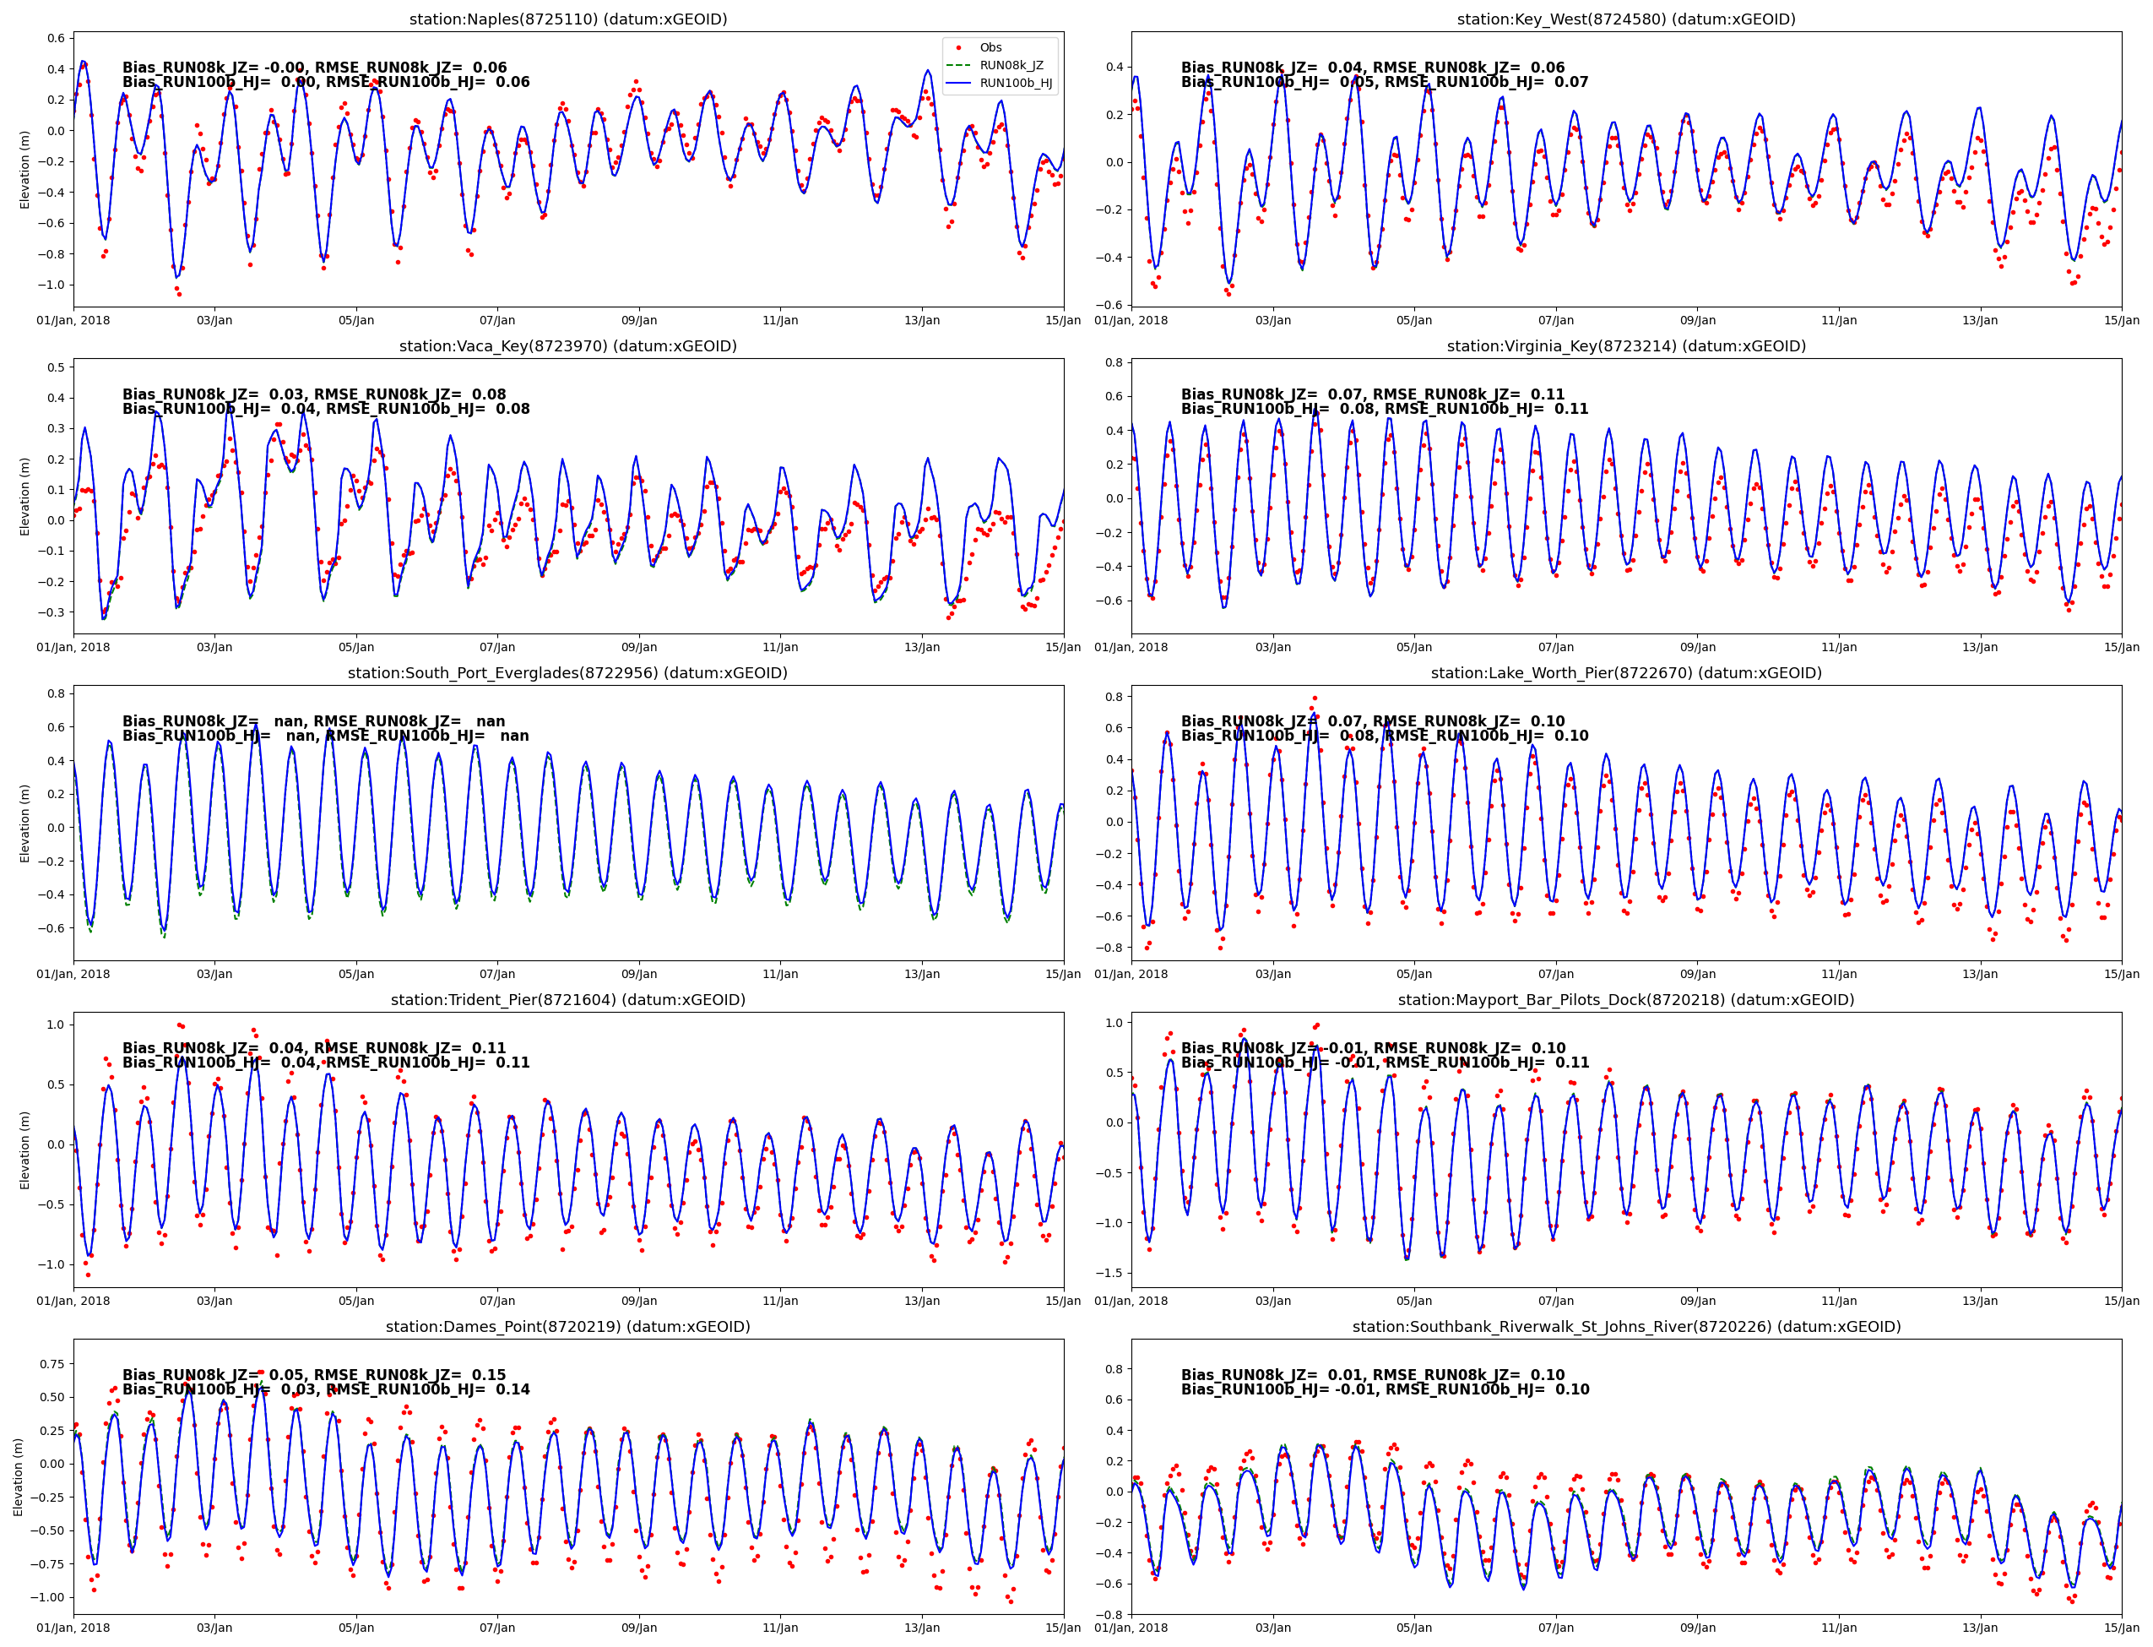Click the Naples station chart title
(x=567, y=19)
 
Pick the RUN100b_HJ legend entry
(x=1015, y=84)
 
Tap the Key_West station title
(x=1626, y=19)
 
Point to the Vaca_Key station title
(x=567, y=346)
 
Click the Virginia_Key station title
(x=1626, y=346)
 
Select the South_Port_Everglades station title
(x=567, y=673)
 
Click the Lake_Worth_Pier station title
(x=1626, y=673)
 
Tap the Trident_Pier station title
(x=567, y=1000)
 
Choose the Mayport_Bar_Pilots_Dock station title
(x=1626, y=1000)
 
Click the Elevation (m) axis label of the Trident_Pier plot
(x=24, y=1150)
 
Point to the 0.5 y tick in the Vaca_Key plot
(x=56, y=367)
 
